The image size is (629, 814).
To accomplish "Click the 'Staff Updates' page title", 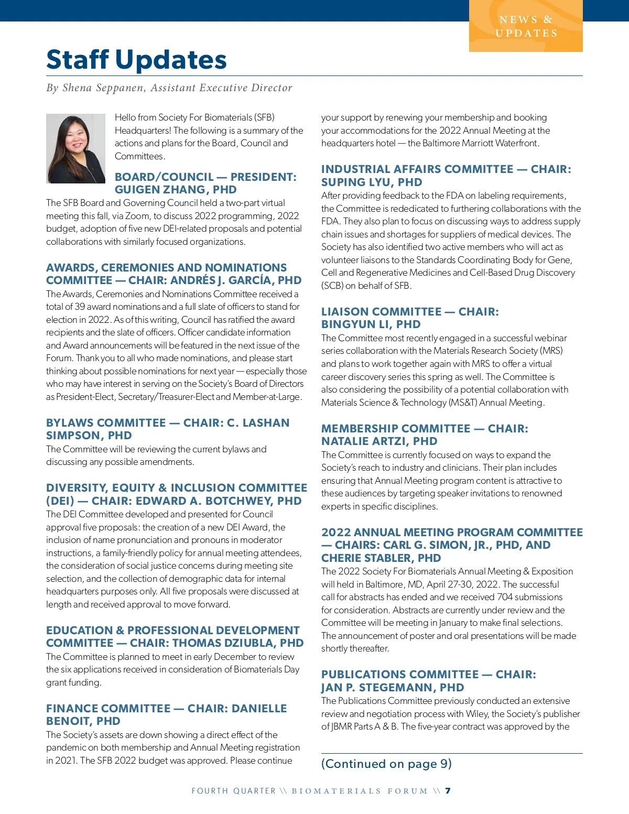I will pos(136,60).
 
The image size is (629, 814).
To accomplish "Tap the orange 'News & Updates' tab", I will pos(526,26).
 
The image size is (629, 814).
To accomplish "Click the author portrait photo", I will pos(75,148).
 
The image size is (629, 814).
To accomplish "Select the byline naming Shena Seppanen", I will pos(169,88).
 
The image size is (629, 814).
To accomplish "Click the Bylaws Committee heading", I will pos(168,429).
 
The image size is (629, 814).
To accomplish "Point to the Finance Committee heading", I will pos(166,714).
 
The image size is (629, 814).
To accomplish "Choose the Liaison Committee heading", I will pos(410,318).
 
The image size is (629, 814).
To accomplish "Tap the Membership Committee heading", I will pos(425,435).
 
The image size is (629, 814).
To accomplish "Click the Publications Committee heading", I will pos(428,680).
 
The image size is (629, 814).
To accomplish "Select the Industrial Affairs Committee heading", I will pos(446,176).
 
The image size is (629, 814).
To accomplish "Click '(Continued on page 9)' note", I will pos(386,764).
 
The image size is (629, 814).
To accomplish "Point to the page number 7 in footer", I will pos(448,791).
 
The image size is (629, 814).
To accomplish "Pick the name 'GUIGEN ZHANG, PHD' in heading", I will pos(176,190).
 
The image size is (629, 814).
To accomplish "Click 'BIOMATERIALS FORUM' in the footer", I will pos(360,791).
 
